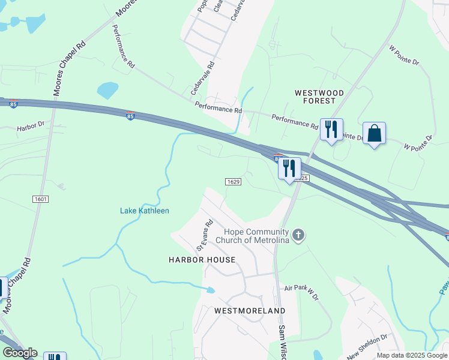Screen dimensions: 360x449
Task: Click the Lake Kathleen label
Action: point(145,211)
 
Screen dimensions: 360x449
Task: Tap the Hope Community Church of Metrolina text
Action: point(258,236)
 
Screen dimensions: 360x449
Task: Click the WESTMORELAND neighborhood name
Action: point(250,311)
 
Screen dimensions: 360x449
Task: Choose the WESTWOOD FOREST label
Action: point(319,97)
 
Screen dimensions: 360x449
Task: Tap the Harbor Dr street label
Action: point(31,127)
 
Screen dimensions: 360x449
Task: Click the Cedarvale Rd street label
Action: point(203,80)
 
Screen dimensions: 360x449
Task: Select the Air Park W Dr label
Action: point(303,292)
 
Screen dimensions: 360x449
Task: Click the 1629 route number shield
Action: point(234,182)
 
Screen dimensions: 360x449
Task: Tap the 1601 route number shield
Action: point(40,199)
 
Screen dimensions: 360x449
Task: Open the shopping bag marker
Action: point(374,133)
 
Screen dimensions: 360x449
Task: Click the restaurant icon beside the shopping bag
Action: point(331,130)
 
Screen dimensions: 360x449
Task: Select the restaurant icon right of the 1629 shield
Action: point(289,169)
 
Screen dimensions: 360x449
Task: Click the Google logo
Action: point(20,353)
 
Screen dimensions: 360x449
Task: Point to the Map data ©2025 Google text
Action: point(412,355)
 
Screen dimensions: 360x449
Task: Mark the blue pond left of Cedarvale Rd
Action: point(108,90)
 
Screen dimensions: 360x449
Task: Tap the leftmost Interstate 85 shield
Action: point(13,104)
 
